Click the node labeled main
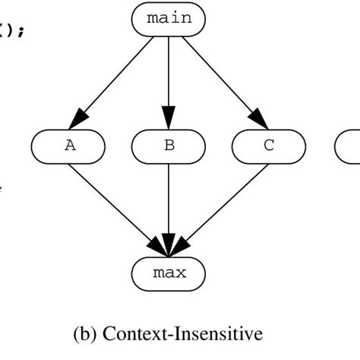click(169, 18)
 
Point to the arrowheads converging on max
click(169, 248)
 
